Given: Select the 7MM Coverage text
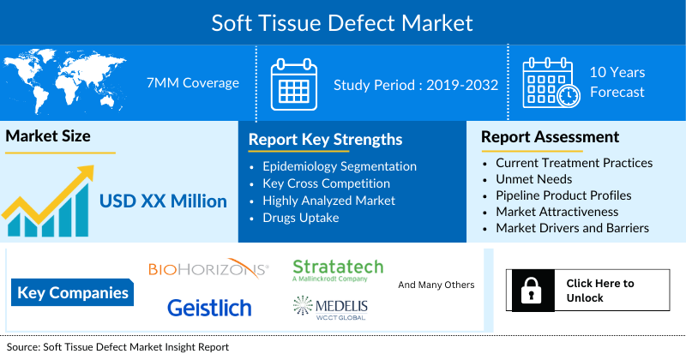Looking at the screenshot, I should click(193, 82).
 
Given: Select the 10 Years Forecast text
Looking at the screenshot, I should click(617, 82).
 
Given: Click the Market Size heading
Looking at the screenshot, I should click(48, 136).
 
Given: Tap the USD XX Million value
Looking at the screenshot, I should click(163, 201).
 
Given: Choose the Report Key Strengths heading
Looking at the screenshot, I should click(325, 139).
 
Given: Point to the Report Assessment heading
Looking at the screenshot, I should click(550, 137).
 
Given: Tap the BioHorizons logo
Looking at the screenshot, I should click(208, 270).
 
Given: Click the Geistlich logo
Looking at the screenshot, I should click(209, 307).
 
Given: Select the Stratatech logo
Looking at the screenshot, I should click(338, 269).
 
